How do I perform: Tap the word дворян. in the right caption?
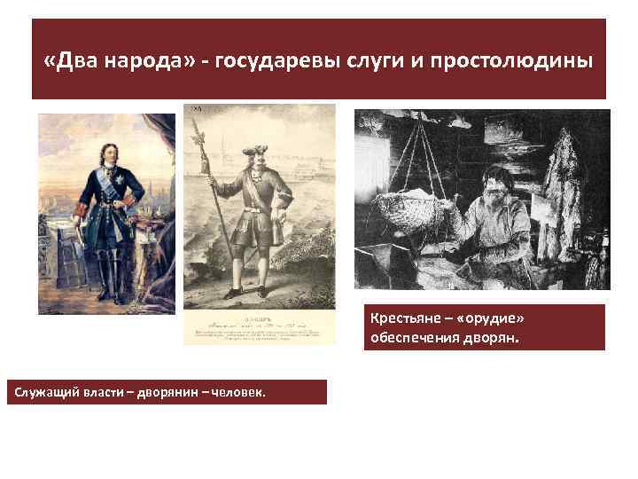[x=497, y=337]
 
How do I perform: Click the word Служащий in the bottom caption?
[x=41, y=392]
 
